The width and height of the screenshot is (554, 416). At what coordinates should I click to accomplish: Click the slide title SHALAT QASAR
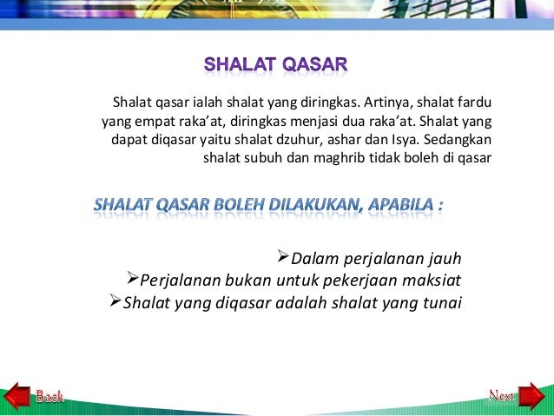[276, 65]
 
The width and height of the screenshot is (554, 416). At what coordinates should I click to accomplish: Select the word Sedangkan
[464, 140]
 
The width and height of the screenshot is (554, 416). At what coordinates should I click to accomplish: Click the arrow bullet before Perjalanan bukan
[131, 279]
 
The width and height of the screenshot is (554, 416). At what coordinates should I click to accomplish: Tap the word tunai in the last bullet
[441, 303]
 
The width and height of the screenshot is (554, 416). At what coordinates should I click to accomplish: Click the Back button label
[49, 397]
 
